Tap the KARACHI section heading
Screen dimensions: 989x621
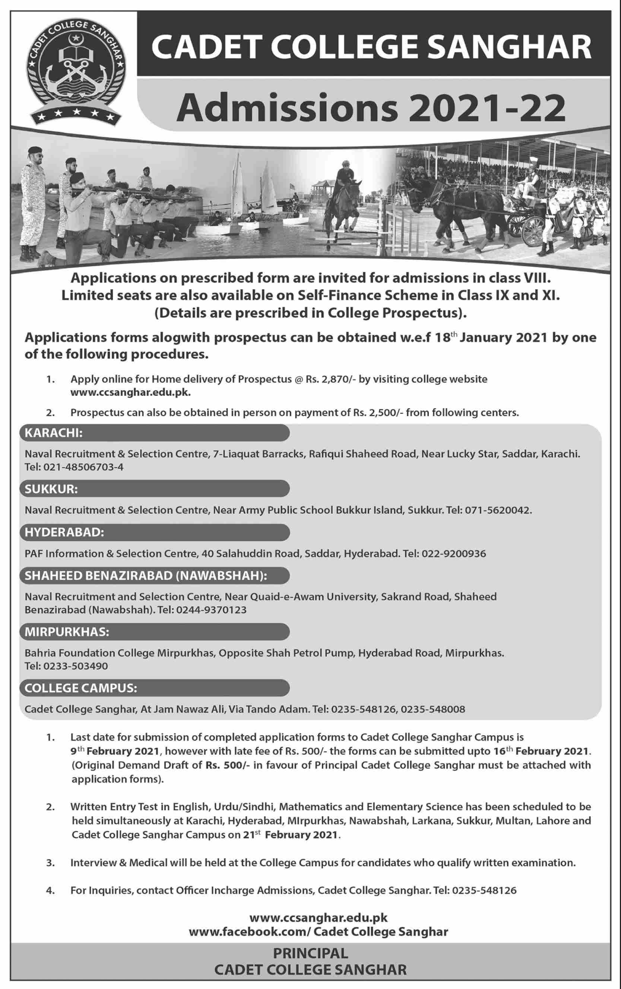53,433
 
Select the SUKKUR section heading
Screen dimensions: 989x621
51,489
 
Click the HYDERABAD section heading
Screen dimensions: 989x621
64,533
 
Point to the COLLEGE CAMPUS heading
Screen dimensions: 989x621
81,689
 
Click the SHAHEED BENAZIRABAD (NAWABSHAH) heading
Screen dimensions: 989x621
146,576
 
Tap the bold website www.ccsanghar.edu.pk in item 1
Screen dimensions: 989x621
131,392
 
